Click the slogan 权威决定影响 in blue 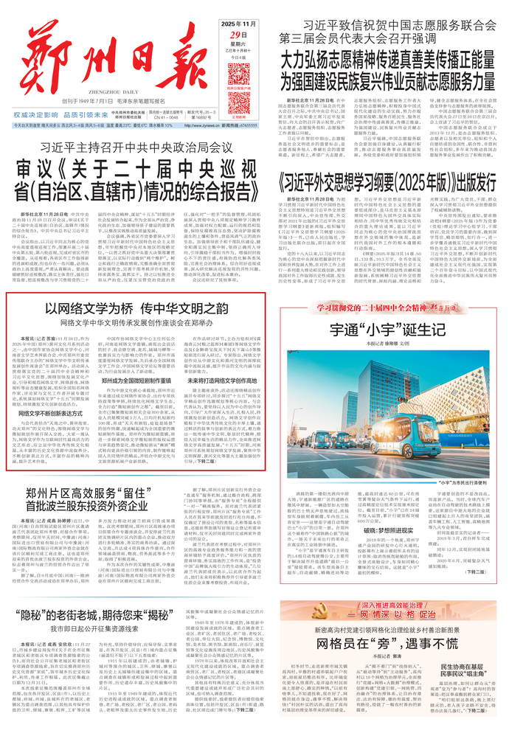point(37,115)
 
